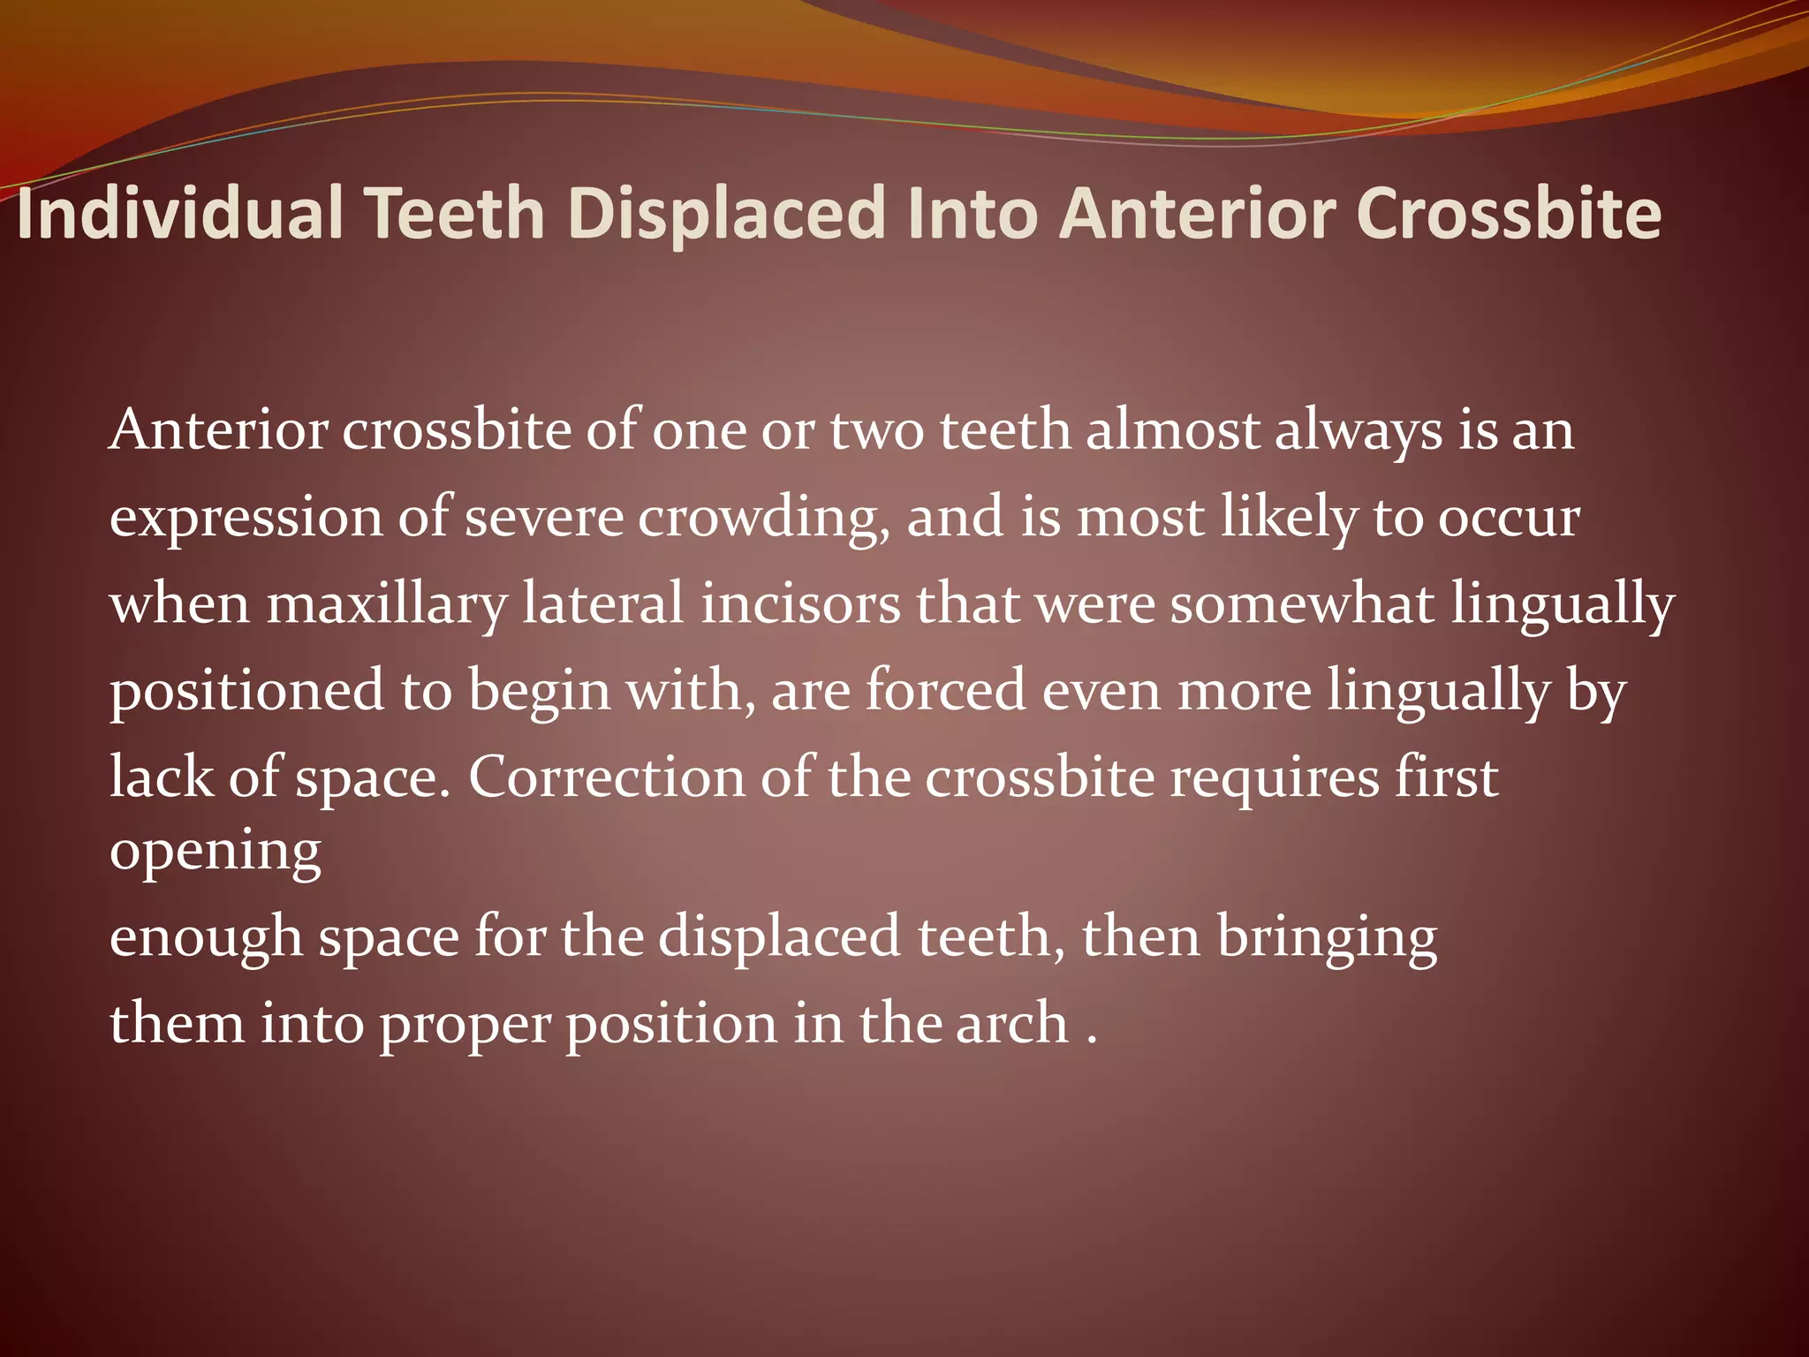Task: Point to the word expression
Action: (x=246, y=519)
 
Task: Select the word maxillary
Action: (x=387, y=605)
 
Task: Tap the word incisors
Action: (x=800, y=603)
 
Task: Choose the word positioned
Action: (x=246, y=692)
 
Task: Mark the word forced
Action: (x=945, y=690)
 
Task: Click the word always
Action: (x=1357, y=432)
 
